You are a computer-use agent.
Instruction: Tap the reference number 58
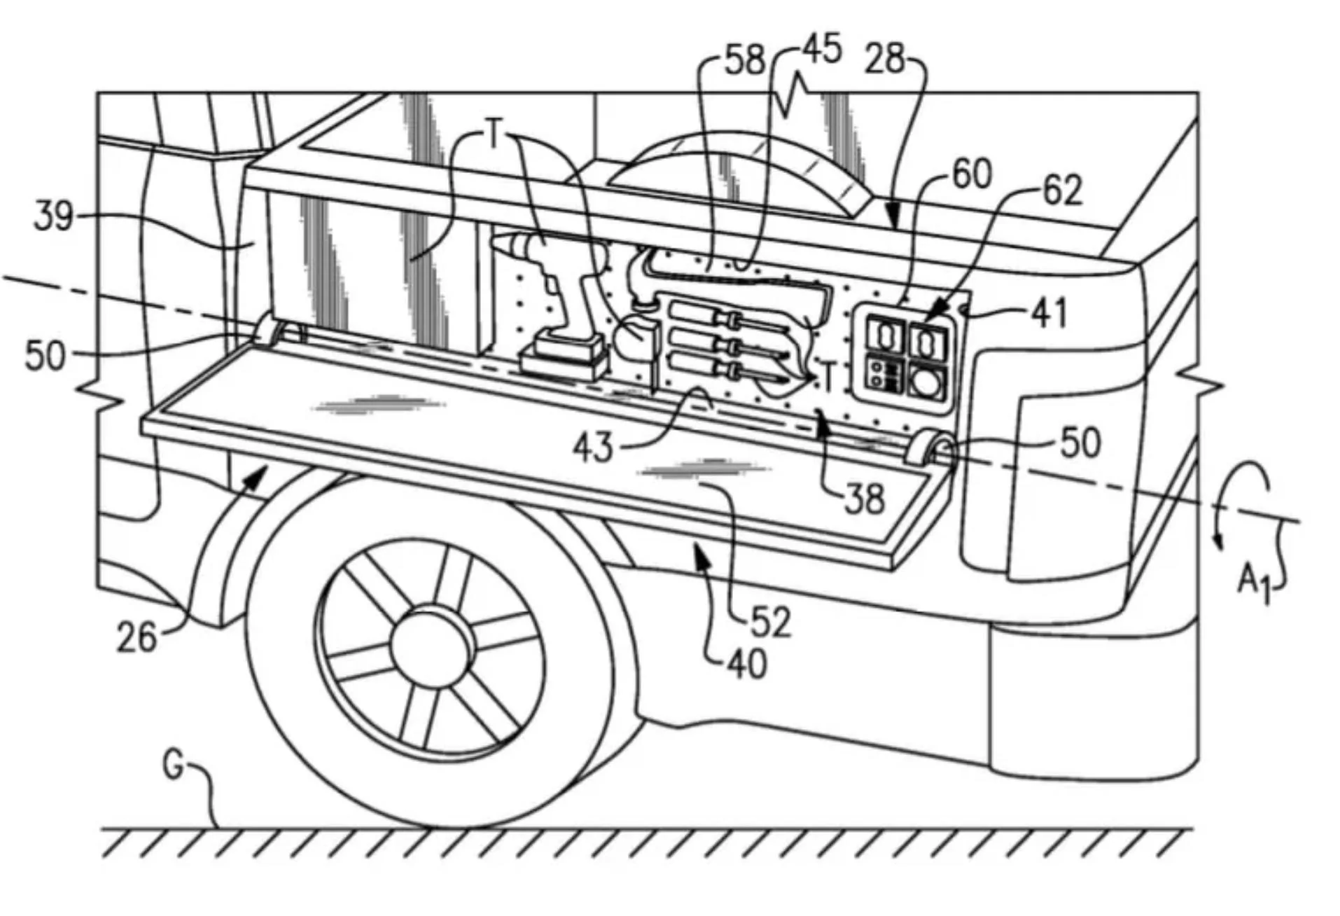click(x=744, y=60)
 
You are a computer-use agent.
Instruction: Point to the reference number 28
click(x=885, y=59)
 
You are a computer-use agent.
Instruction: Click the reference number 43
click(x=592, y=446)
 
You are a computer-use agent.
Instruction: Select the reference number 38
click(x=865, y=499)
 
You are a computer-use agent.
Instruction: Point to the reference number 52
click(x=771, y=620)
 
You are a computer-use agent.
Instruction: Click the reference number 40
click(x=747, y=662)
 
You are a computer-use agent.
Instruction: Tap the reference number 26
click(x=137, y=637)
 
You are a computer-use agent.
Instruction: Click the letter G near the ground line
click(x=174, y=765)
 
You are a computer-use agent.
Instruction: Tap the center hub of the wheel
click(x=428, y=645)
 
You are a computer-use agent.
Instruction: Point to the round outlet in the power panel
click(x=926, y=383)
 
